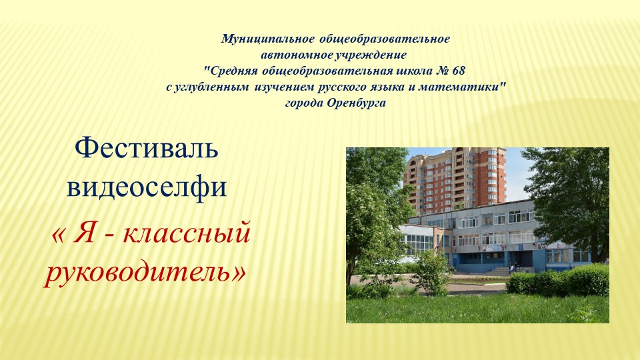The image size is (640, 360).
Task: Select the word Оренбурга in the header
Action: click(356, 103)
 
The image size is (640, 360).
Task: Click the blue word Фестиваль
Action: click(147, 148)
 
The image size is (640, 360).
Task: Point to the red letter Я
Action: click(84, 235)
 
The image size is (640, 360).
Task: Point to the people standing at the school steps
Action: click(512, 266)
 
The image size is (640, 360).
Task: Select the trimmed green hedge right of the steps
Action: click(560, 281)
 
